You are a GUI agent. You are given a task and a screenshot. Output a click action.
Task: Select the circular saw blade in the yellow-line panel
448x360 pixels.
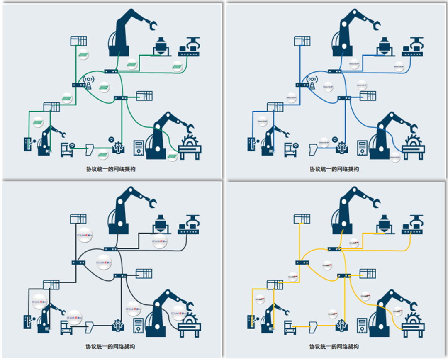pyautogui.click(x=414, y=320)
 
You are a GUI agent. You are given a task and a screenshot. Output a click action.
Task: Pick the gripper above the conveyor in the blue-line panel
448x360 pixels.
pyautogui.click(x=415, y=42)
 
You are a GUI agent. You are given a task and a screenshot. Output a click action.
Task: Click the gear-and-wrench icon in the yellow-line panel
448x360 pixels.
pyautogui.click(x=342, y=324)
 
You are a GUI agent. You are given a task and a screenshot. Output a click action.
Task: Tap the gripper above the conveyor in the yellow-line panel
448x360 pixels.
pyautogui.click(x=415, y=220)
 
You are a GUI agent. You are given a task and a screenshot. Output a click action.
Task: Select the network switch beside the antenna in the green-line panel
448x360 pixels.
pyautogui.click(x=78, y=85)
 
